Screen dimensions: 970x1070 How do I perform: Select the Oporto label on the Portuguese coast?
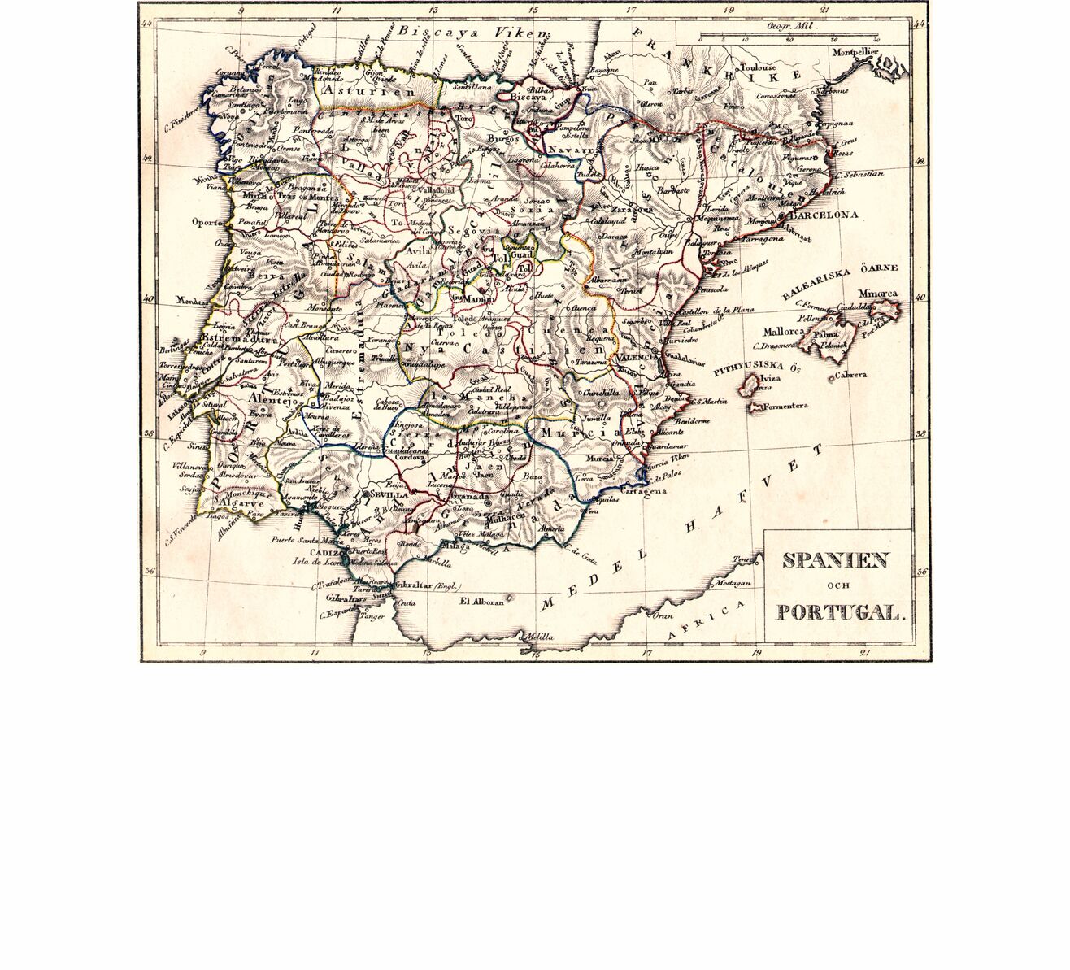pos(209,221)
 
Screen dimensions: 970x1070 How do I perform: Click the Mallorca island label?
pos(783,333)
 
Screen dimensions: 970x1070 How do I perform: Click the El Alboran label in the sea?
pos(482,602)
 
